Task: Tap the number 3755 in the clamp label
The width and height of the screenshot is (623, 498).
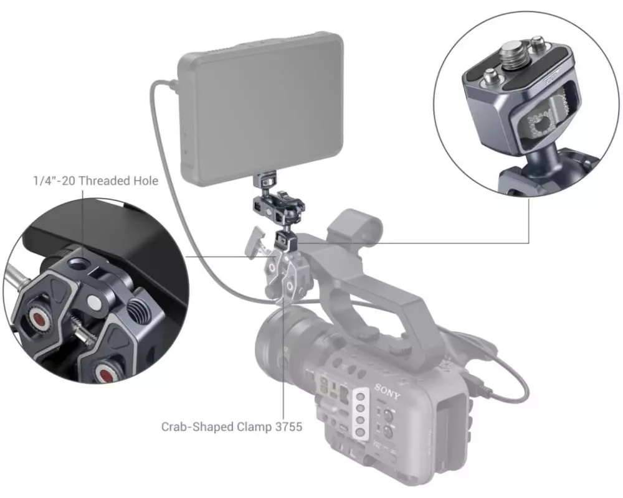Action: point(289,426)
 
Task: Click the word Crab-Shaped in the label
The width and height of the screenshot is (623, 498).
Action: point(197,427)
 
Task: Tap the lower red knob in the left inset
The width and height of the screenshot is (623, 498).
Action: point(105,374)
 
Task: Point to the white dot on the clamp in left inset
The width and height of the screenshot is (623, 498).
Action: point(93,303)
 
